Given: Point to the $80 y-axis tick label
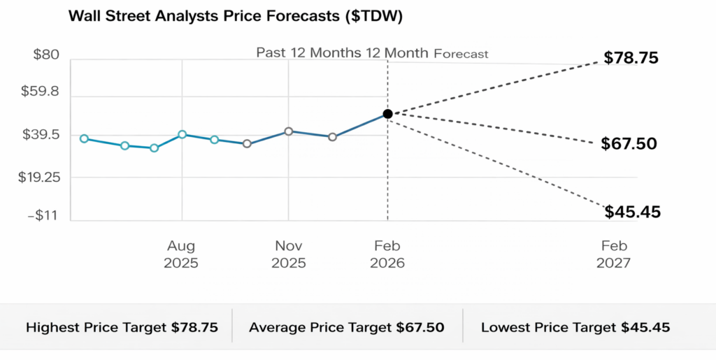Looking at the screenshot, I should pos(47,55).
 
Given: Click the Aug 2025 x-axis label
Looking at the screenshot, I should pos(181,254).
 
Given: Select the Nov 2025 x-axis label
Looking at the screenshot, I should pos(288,254).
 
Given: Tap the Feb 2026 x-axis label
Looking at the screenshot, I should pos(387,254).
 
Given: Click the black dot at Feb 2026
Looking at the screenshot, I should pos(387,113).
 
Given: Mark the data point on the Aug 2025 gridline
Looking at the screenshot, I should pos(182,134).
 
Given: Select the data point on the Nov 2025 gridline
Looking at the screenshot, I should pos(288,131).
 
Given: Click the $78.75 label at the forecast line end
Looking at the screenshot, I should pos(631,58).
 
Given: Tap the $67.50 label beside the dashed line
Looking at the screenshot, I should pos(629,144).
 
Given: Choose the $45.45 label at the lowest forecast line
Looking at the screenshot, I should pos(632,212).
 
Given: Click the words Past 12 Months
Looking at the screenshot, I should pos(306,53).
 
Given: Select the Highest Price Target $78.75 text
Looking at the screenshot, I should pos(122,327).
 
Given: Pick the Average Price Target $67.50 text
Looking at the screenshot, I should pos(346,327).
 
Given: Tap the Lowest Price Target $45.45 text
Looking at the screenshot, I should pos(575,327).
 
